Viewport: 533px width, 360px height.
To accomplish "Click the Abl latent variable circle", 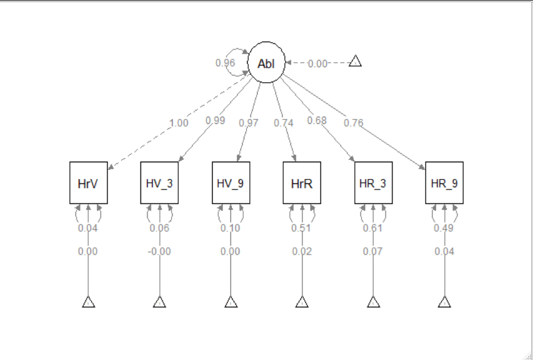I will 266,63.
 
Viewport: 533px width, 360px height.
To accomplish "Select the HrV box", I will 88,183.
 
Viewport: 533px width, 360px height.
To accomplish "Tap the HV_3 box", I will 159,183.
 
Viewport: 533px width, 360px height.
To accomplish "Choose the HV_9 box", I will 231,183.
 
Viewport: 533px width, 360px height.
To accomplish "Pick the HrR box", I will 302,183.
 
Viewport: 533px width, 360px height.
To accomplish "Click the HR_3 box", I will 373,183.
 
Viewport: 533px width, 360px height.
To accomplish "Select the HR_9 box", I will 444,183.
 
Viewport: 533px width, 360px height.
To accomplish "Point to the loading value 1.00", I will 179,123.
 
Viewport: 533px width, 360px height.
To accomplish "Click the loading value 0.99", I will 215,120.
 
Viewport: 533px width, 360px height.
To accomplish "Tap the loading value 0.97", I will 249,123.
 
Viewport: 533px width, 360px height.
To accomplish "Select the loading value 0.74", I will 283,123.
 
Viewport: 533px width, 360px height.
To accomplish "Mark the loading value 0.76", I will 353,123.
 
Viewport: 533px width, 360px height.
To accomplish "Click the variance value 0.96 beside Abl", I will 225,63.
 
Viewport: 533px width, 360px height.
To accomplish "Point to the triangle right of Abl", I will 355,62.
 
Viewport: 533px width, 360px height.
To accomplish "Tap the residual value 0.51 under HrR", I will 301,228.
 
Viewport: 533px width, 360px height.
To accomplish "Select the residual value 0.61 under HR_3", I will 373,228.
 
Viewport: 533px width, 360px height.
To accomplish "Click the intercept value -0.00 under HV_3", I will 159,252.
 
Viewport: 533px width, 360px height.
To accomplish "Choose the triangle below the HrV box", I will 88,302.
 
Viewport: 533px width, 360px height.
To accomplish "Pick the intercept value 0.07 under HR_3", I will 373,252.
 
